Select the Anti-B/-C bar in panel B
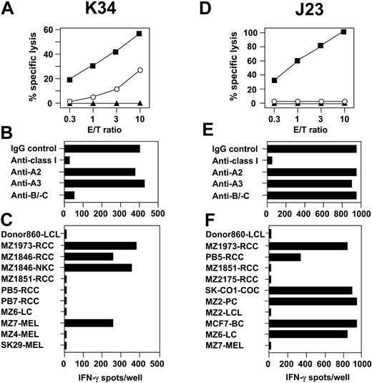point(69,195)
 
